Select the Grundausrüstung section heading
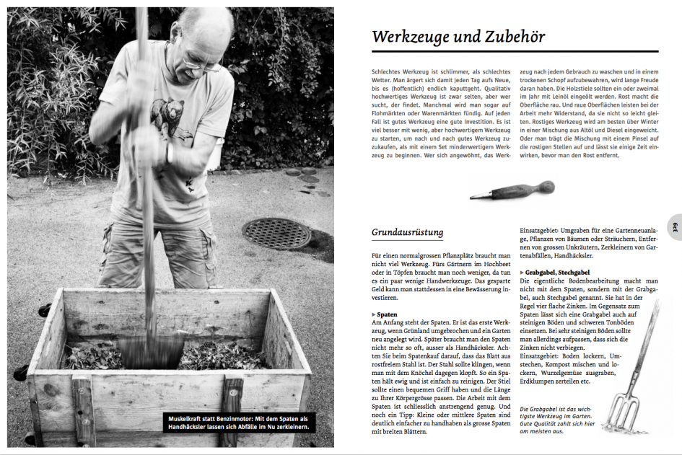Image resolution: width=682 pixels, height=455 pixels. point(407,233)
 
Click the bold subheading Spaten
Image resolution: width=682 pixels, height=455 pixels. point(388,315)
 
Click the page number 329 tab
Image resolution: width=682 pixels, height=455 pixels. point(675,227)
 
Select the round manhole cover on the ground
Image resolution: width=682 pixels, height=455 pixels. point(276,233)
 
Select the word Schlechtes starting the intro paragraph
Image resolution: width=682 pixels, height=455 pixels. point(390,72)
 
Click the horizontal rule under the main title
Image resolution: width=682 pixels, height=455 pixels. point(515,51)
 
